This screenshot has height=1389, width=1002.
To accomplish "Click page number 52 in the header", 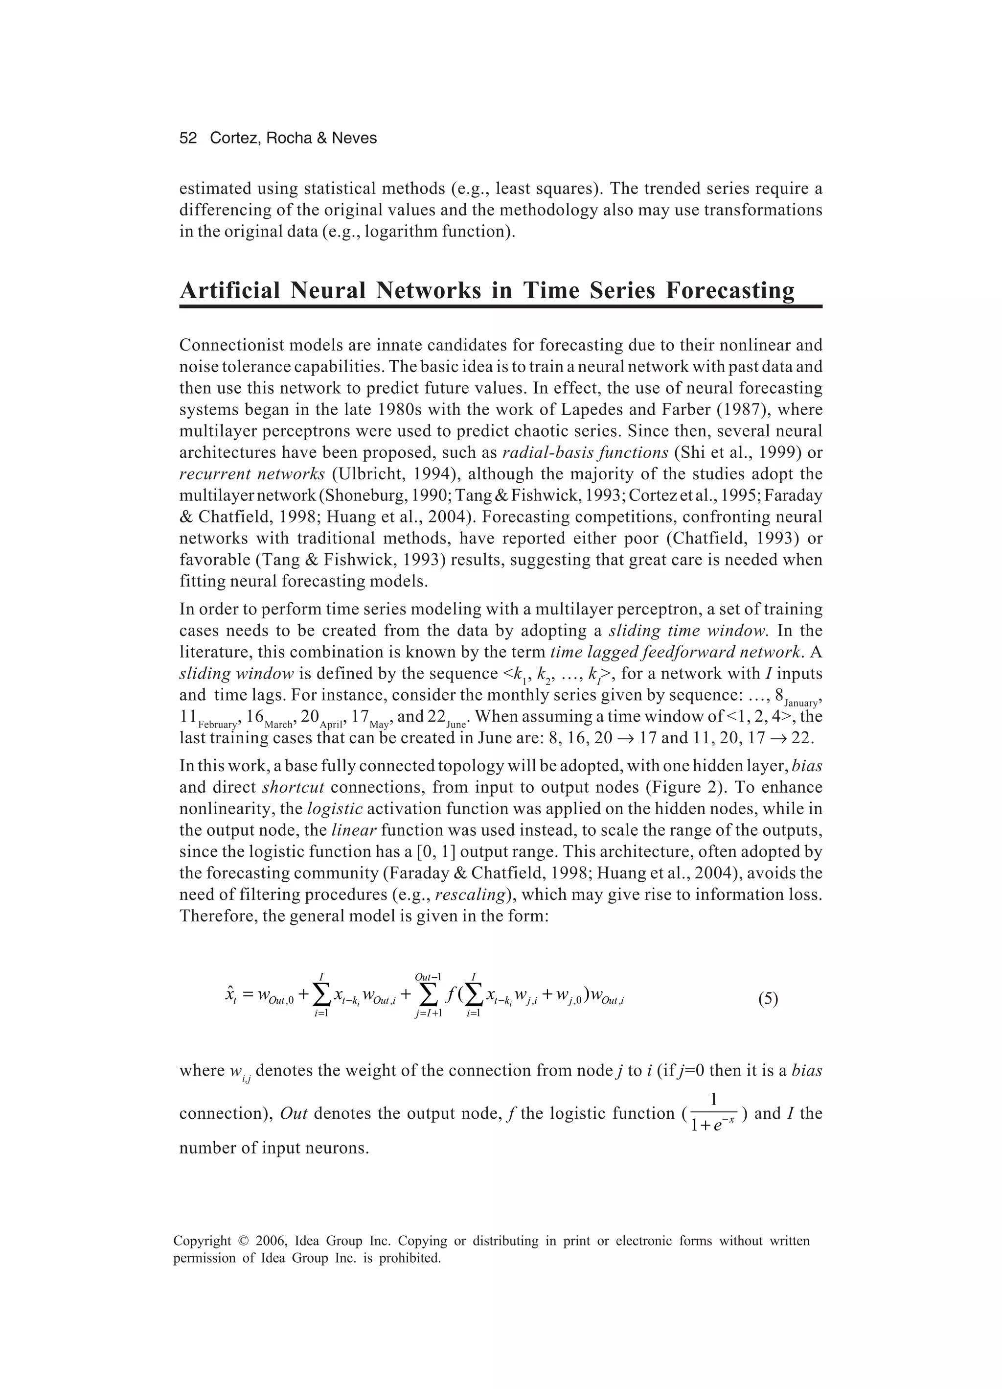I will pos(188,139).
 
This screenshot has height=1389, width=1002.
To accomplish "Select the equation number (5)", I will pos(768,999).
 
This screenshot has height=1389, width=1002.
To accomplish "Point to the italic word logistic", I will pos(335,809).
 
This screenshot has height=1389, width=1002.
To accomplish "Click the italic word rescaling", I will pos(470,895).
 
